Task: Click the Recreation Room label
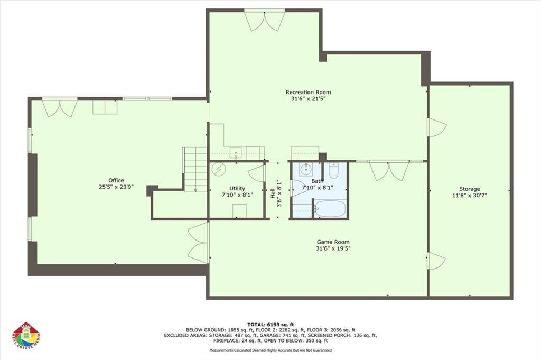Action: click(x=308, y=92)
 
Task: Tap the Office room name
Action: click(x=116, y=181)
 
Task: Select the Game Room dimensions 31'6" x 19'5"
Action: click(x=333, y=248)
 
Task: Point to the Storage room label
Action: click(x=469, y=189)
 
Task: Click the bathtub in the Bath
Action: click(x=330, y=208)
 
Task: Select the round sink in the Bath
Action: click(x=305, y=170)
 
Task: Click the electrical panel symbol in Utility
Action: click(x=218, y=169)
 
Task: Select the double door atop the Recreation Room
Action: click(x=265, y=20)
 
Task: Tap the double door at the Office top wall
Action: click(x=60, y=107)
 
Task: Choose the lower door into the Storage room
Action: click(x=436, y=261)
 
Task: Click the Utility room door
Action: click(x=257, y=173)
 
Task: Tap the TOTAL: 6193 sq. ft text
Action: click(x=270, y=324)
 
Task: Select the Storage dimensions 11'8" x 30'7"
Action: click(x=469, y=195)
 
